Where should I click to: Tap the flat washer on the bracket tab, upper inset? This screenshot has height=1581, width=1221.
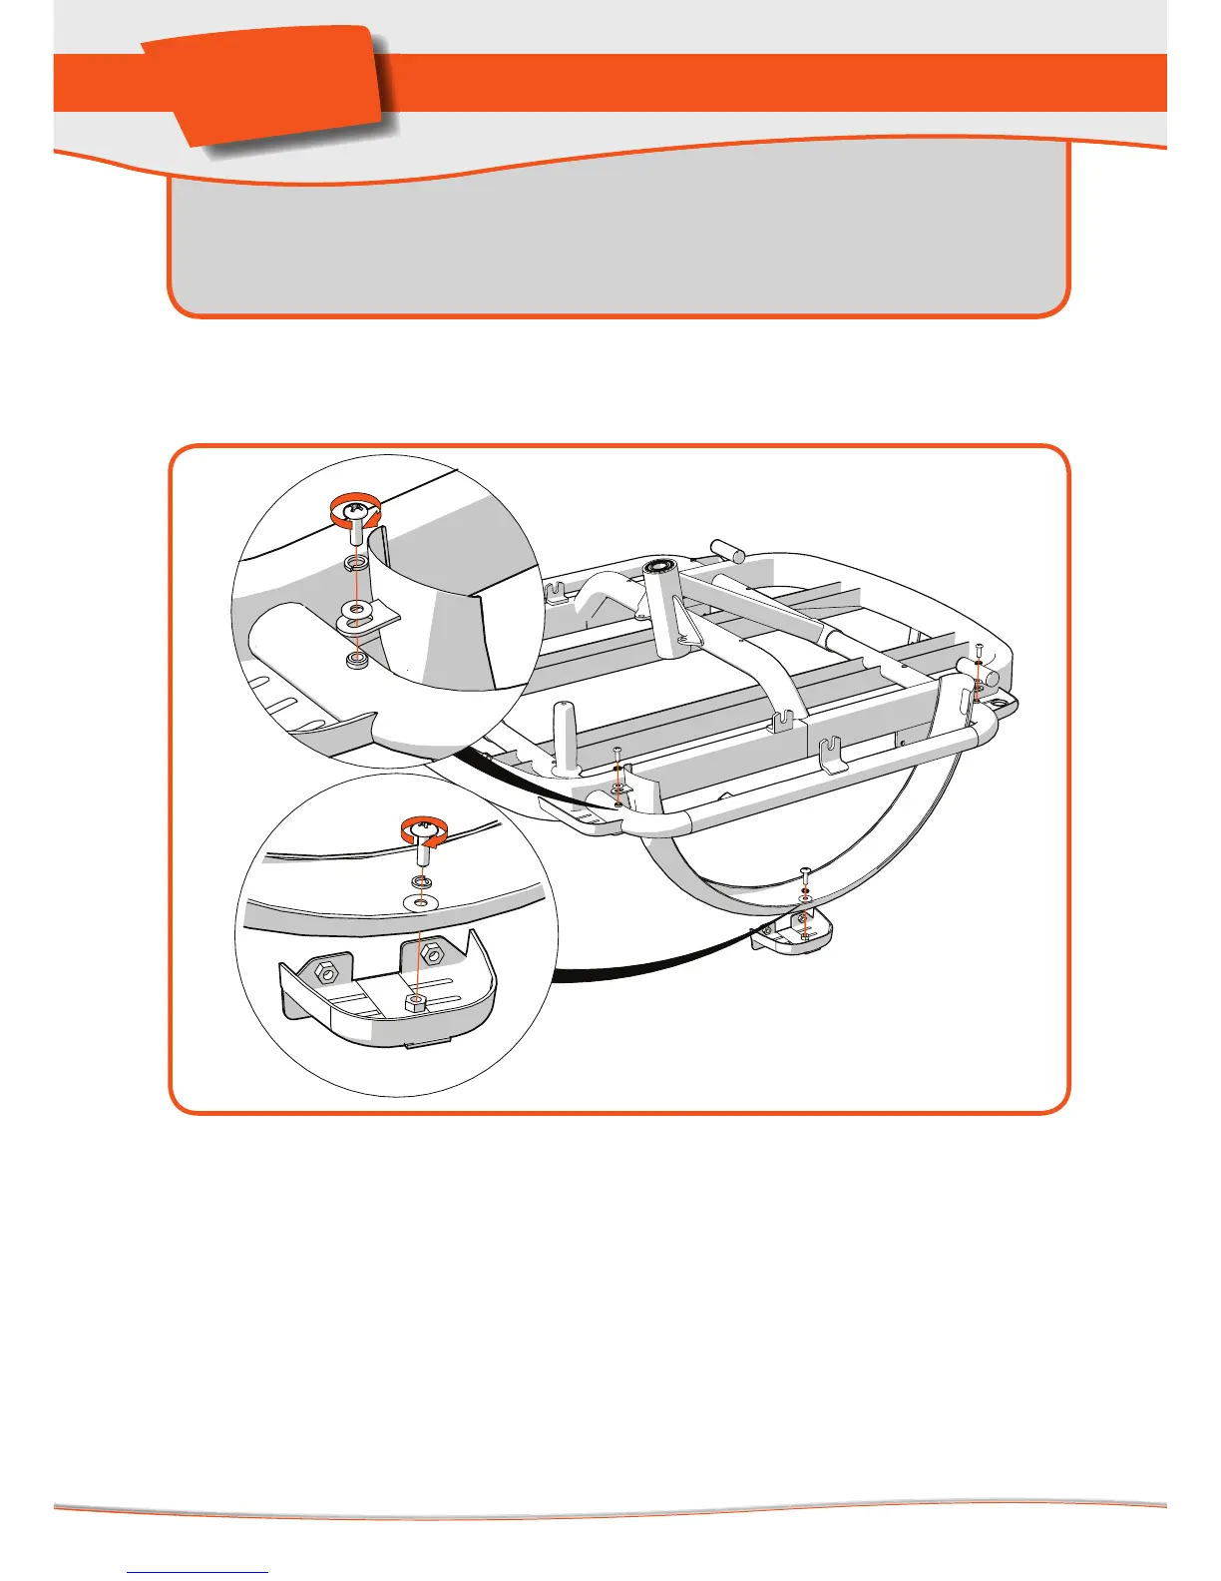click(357, 608)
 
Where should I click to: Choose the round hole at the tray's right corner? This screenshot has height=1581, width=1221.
click(999, 703)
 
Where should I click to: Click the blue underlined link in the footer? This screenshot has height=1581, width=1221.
click(198, 1571)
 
